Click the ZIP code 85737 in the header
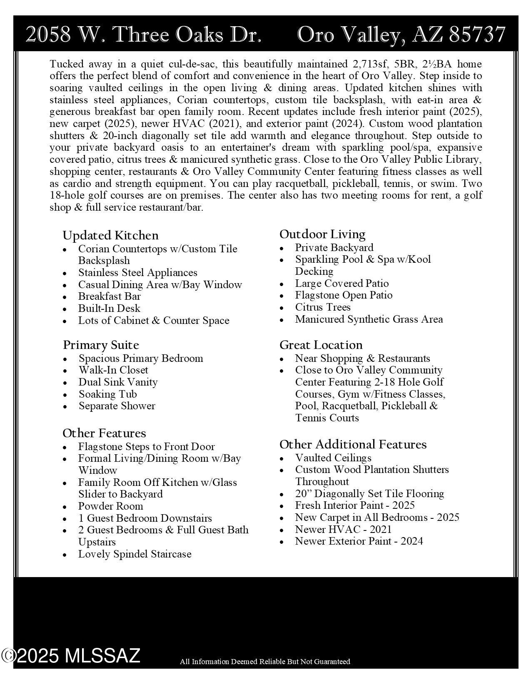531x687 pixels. click(x=477, y=35)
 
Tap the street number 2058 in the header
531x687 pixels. click(x=48, y=35)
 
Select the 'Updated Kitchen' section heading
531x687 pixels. click(x=110, y=236)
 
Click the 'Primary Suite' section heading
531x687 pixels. click(x=101, y=345)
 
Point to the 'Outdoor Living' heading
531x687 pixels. click(x=322, y=234)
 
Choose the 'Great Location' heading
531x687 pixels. click(x=321, y=345)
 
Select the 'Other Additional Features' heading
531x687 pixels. click(x=353, y=445)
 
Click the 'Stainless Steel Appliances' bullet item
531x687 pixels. click(x=137, y=273)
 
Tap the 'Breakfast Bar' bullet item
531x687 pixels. click(x=109, y=296)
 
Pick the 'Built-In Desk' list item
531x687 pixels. click(x=109, y=309)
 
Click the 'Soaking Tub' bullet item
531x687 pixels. click(x=107, y=394)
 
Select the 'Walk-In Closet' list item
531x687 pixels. click(x=113, y=370)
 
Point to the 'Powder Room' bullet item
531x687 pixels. click(x=110, y=506)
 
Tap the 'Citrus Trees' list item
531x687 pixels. click(x=323, y=307)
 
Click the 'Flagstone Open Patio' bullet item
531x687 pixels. click(x=344, y=295)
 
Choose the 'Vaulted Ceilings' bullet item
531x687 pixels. click(x=333, y=458)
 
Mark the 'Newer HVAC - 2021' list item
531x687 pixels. click(x=343, y=530)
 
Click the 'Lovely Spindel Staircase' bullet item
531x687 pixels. click(x=135, y=554)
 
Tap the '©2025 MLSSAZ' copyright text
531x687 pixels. click(x=71, y=656)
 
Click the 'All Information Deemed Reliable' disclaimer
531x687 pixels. click(x=265, y=662)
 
